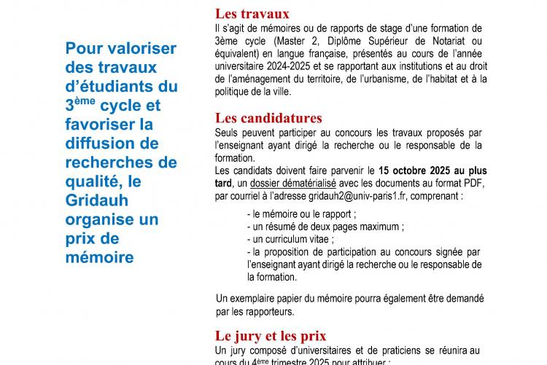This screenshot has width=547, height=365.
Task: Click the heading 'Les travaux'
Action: coord(252,14)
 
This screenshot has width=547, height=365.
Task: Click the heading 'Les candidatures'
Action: coord(268,118)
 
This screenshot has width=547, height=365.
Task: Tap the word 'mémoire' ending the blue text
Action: coord(99,257)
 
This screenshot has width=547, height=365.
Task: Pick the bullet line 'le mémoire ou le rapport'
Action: coord(302,214)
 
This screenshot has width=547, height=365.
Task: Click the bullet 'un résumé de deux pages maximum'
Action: coord(325,227)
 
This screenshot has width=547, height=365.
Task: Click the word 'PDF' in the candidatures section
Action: coord(472,183)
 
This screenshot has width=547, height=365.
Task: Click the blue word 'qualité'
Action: coord(92,181)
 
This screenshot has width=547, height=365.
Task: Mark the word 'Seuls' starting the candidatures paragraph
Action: coord(228,133)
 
